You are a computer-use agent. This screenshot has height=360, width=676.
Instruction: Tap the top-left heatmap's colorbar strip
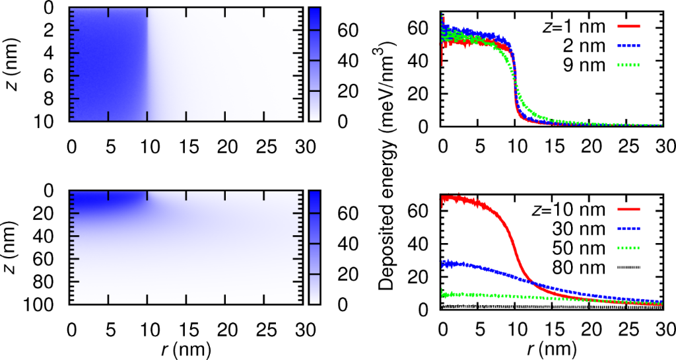pos(315,64)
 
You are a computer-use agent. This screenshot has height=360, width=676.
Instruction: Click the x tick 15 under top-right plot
pos(553,143)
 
